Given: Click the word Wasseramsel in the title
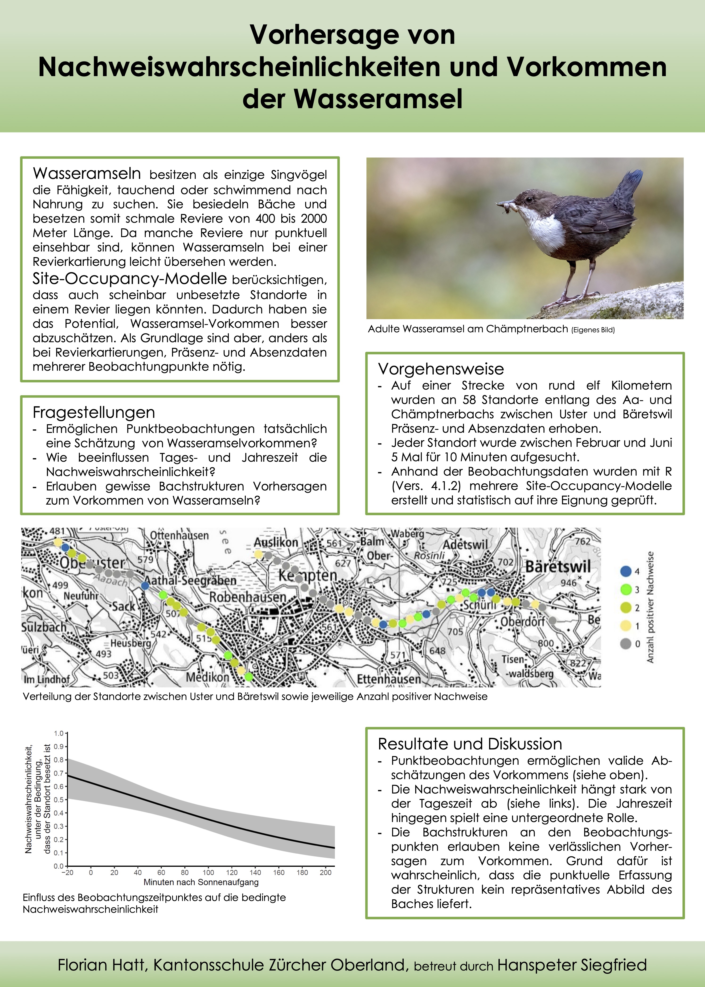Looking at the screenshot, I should click(x=378, y=99).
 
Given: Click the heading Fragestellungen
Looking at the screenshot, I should click(x=94, y=412).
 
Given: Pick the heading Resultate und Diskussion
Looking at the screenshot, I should click(x=470, y=744).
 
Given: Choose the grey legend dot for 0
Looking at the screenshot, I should click(x=626, y=644).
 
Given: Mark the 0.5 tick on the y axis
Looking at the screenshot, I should click(x=59, y=799).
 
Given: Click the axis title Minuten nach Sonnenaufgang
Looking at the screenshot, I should click(x=201, y=882).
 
